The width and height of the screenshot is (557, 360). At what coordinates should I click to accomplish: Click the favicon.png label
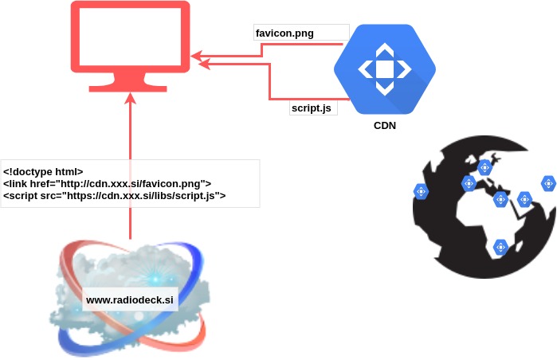[285, 33]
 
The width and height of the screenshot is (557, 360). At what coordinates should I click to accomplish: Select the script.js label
[311, 108]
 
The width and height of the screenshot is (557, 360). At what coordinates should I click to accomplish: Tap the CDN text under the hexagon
[385, 126]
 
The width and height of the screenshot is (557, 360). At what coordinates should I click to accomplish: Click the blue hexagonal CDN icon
[385, 69]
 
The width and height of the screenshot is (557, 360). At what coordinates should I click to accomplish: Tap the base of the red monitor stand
[130, 87]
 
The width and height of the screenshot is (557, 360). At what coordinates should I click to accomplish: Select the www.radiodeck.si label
[130, 300]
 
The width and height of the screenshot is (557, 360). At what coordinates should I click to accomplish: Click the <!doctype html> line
[43, 171]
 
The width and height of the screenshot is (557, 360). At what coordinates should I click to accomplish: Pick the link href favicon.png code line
[107, 183]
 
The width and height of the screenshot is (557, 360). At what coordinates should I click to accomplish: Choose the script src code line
[115, 195]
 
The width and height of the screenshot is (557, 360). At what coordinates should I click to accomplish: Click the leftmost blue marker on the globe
[421, 191]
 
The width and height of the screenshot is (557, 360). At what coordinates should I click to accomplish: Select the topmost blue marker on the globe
[484, 167]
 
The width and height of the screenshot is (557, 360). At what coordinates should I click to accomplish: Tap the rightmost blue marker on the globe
[548, 183]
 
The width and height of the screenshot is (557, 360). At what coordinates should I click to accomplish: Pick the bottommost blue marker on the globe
[500, 248]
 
